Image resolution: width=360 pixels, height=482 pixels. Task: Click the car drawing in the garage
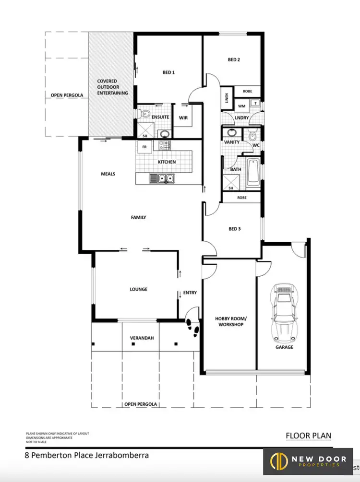pos(284,311)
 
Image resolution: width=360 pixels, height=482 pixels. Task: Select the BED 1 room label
pos(168,72)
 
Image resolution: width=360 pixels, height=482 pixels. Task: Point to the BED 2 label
pos(234,60)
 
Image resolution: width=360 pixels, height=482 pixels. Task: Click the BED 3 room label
pos(234,229)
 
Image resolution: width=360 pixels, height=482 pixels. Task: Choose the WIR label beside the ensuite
pos(183,117)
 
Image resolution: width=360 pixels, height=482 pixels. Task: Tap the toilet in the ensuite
pos(145,114)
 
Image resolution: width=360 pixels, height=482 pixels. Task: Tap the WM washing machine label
pos(241,106)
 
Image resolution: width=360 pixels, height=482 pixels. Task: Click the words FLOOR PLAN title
pos(308,435)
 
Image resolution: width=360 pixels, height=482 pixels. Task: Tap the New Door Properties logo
pos(308,462)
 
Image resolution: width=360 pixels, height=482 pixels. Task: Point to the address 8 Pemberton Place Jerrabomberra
pos(87,455)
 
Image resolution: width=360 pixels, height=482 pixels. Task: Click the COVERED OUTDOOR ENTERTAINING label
pos(112,87)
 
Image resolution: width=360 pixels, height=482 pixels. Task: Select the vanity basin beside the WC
pos(231,133)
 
